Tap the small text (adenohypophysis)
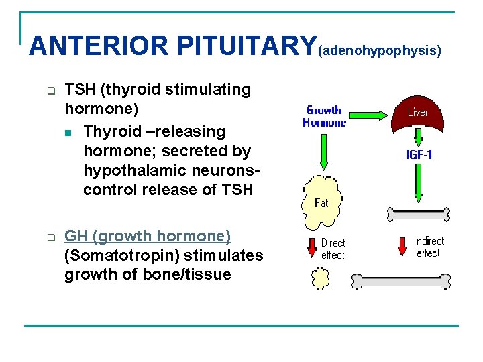380,51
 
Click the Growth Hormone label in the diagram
324,116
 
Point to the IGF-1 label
419,155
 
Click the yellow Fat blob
321,202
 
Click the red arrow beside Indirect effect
402,246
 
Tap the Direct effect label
333,249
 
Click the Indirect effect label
429,247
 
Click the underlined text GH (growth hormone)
148,236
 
